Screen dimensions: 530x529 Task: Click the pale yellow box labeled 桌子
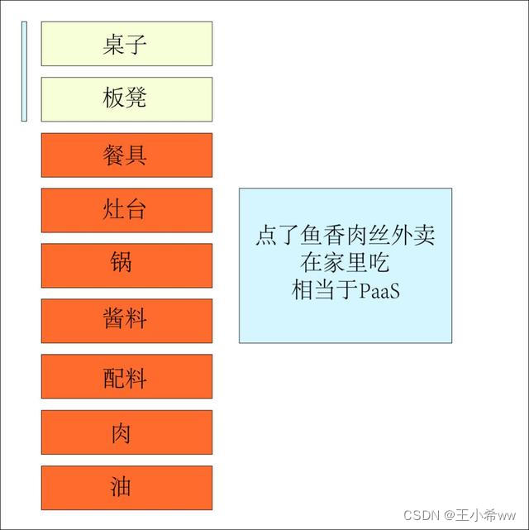(x=126, y=44)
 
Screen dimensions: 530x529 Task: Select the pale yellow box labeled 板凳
(x=126, y=99)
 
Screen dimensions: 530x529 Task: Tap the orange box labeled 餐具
(x=126, y=155)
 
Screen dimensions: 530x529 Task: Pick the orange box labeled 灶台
(x=126, y=210)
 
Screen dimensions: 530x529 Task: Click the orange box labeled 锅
(x=126, y=265)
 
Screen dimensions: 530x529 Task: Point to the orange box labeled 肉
(x=126, y=432)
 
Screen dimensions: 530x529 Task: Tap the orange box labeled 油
(x=126, y=487)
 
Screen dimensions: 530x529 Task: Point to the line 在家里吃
(x=345, y=264)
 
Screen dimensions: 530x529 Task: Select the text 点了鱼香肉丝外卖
(x=345, y=236)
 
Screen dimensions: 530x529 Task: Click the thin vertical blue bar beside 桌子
(x=24, y=71)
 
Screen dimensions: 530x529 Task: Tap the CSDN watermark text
(x=421, y=514)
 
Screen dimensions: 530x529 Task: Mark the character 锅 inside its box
(x=121, y=264)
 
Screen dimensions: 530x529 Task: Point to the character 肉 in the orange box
(x=121, y=432)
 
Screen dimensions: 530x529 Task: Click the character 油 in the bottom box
(x=121, y=487)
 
